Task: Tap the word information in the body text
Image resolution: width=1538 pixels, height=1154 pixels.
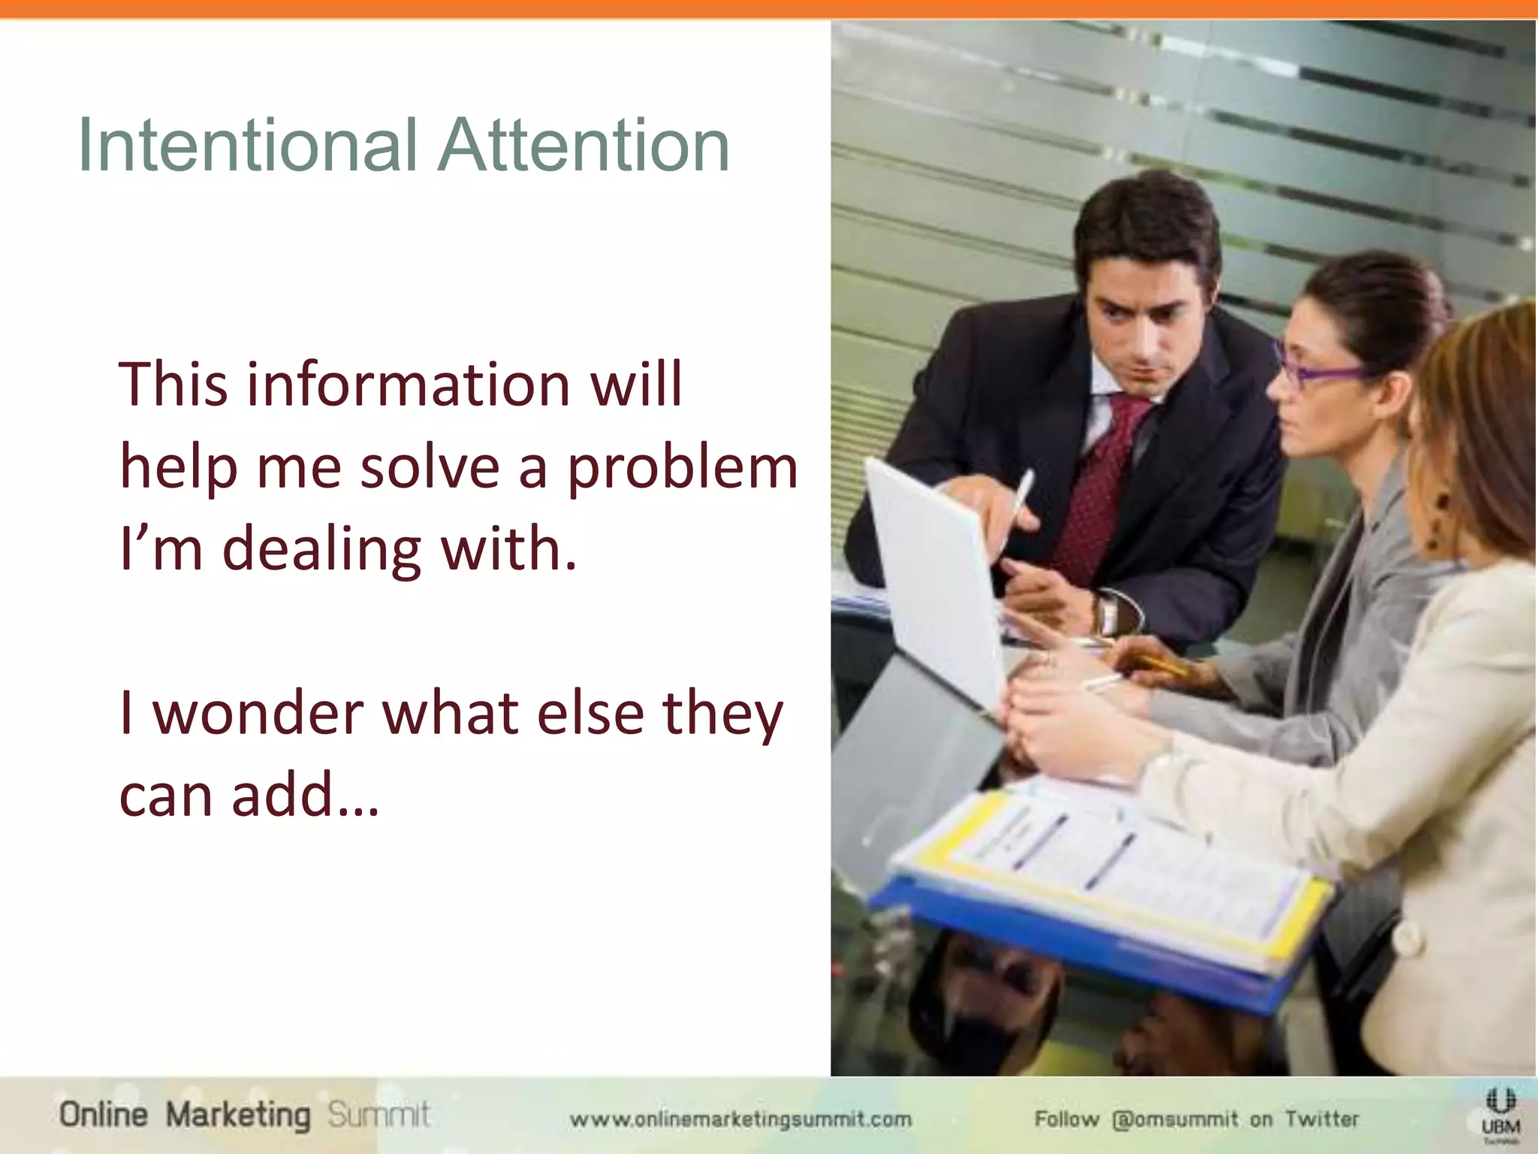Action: pos(409,385)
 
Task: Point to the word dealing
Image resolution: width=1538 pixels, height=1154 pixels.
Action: pos(321,548)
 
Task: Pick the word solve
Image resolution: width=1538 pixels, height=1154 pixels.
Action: pos(430,467)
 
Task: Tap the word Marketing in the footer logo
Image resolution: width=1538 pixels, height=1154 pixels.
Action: pos(237,1115)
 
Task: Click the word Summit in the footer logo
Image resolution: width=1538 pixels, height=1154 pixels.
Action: pos(378,1115)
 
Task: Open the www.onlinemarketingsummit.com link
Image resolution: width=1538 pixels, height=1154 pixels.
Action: pos(740,1119)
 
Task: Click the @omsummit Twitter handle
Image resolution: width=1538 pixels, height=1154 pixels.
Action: pos(1175,1119)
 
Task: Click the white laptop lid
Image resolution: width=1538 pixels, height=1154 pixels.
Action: pos(931,571)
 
